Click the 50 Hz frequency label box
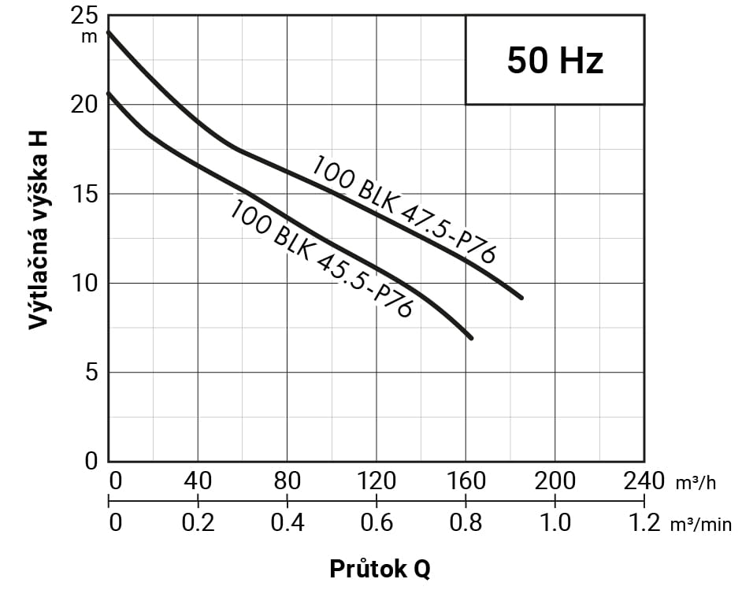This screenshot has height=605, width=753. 555,60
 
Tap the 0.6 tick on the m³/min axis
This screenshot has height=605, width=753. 376,522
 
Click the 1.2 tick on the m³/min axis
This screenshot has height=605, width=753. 644,522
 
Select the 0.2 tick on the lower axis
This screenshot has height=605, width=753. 197,522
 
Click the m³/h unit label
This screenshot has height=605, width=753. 696,483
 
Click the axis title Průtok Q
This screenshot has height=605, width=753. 380,569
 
